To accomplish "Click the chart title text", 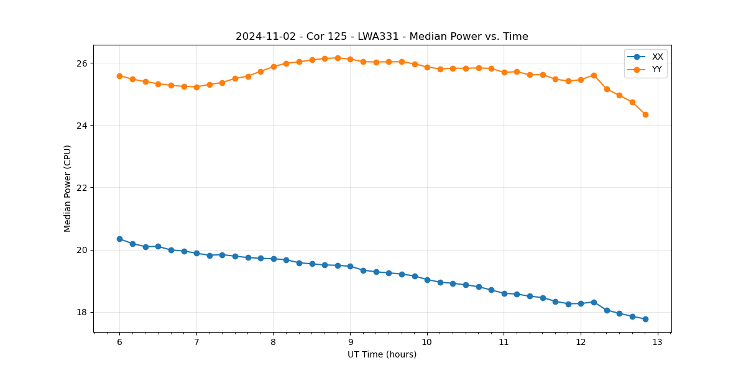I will click(382, 37).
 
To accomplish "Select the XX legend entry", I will click(657, 57).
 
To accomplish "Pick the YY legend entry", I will click(657, 70).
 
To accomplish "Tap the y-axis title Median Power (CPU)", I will click(68, 188).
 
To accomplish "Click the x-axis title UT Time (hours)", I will click(382, 355).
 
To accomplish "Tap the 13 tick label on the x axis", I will click(657, 343).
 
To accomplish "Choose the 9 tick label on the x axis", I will click(350, 343).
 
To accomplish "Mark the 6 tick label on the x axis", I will click(119, 343).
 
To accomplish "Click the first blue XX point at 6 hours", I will click(119, 239).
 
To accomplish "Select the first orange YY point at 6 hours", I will click(119, 76).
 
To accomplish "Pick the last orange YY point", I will click(645, 114).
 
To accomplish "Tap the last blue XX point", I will click(645, 319).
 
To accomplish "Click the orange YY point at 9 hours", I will click(350, 59).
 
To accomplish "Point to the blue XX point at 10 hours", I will click(427, 280).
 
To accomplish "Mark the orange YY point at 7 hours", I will click(196, 87).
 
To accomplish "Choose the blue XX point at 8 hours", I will click(274, 259).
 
